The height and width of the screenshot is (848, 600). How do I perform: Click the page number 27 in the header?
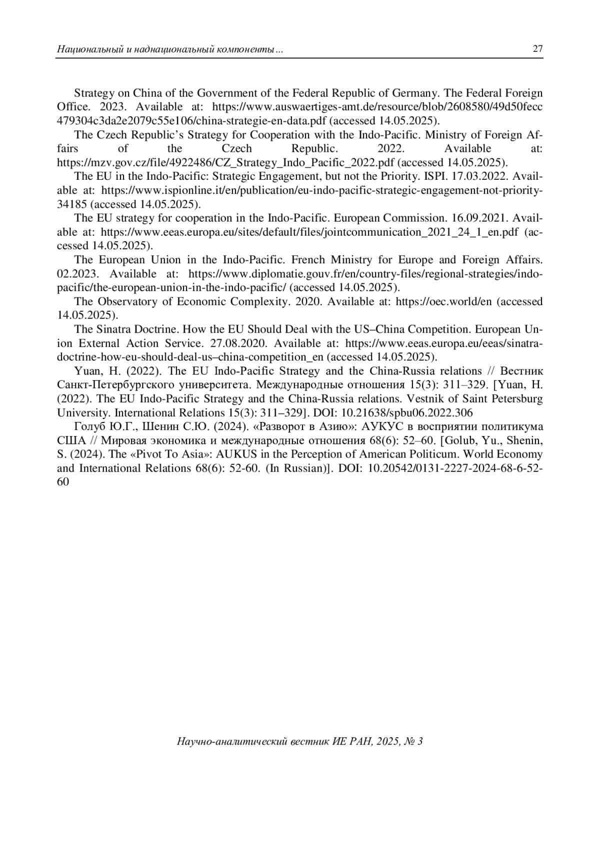coord(537,49)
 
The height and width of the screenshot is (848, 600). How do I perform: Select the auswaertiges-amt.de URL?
coord(377,107)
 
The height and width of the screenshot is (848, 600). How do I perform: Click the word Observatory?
coord(122,302)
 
